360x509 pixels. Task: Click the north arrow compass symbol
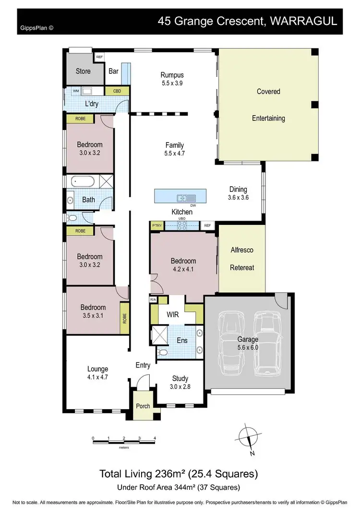[250, 438]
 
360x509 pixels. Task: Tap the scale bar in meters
[124, 438]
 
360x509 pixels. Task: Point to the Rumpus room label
[172, 75]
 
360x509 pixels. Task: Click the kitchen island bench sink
[184, 197]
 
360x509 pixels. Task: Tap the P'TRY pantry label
[157, 225]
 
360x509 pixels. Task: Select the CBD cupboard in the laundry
[117, 91]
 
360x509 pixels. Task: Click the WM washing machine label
[75, 91]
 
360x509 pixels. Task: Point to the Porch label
[143, 406]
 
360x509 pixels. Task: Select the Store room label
[83, 71]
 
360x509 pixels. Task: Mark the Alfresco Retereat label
[242, 259]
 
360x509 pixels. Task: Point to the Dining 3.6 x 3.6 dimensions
[238, 197]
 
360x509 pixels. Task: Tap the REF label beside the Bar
[99, 57]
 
